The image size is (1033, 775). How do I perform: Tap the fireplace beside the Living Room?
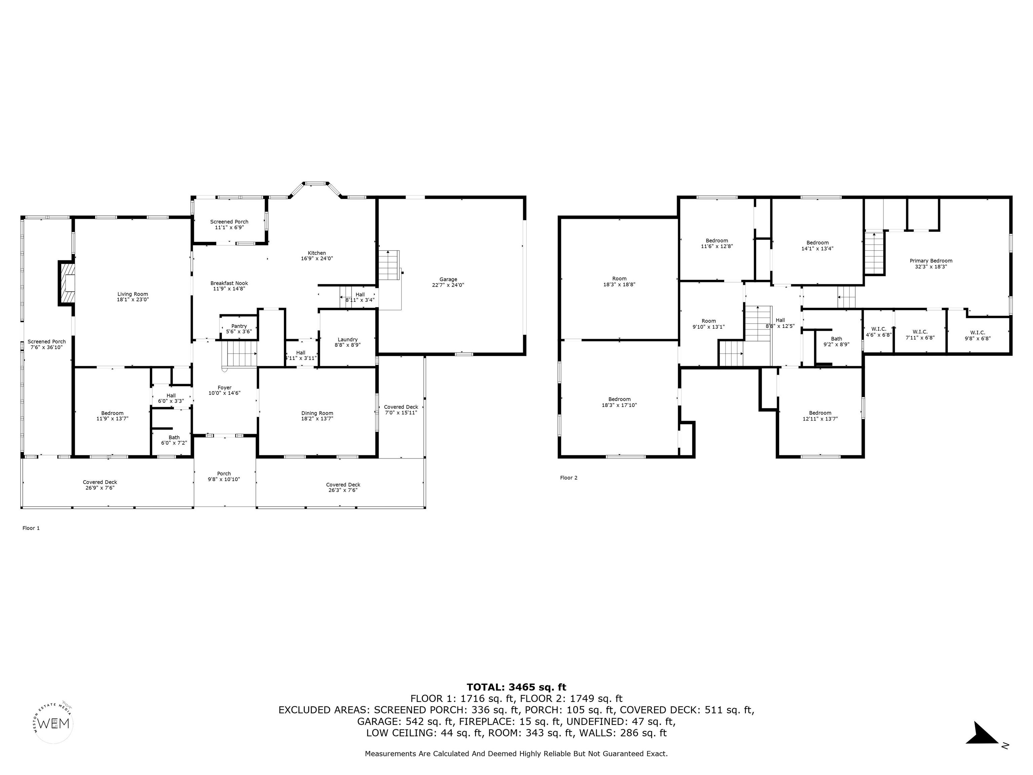(x=66, y=283)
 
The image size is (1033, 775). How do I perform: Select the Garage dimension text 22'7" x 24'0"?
(x=448, y=285)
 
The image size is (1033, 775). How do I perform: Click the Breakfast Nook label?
(x=229, y=286)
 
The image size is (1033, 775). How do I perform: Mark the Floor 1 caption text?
(x=31, y=528)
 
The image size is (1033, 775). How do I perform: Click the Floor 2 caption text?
(x=569, y=477)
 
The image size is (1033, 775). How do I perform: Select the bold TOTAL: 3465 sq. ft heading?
(x=516, y=687)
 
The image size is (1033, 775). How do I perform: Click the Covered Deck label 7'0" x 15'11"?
(x=401, y=410)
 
